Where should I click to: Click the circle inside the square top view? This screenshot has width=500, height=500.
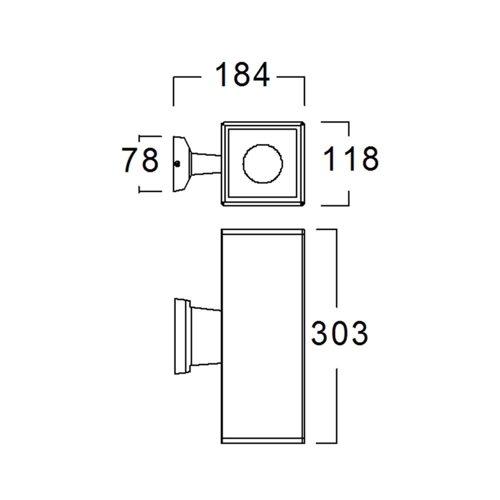pos(262,163)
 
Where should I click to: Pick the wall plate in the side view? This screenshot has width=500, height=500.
pos(181,336)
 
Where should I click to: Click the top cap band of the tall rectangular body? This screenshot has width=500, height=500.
pos(263,231)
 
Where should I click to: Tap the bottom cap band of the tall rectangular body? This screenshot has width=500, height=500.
pos(263,440)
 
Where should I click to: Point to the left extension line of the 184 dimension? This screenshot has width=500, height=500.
pos(173,92)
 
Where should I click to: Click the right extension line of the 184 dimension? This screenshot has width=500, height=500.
pos(304,92)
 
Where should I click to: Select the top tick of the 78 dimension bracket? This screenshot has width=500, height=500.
pos(150,136)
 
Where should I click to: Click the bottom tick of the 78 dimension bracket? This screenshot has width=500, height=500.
pos(150,191)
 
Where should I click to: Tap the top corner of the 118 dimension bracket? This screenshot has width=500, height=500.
pos(348,121)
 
